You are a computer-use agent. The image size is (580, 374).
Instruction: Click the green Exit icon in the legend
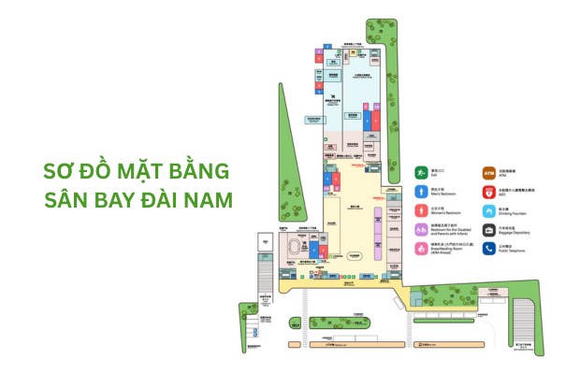[x=422, y=173]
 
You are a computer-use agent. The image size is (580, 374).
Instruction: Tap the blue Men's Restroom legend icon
[x=422, y=192]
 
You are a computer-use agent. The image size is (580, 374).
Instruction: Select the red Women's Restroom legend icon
[x=422, y=211]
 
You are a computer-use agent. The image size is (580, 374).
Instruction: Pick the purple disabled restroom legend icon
[x=422, y=230]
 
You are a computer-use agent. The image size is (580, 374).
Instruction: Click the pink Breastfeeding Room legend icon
[x=422, y=250]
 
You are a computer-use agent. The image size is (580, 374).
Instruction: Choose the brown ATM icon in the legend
[x=488, y=173]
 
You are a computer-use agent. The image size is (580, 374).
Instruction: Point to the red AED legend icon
[x=488, y=192]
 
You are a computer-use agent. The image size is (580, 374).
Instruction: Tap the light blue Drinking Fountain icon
[x=488, y=211]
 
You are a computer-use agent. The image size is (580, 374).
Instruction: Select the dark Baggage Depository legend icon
[x=488, y=230]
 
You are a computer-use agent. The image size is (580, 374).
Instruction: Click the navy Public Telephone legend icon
[x=488, y=250]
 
